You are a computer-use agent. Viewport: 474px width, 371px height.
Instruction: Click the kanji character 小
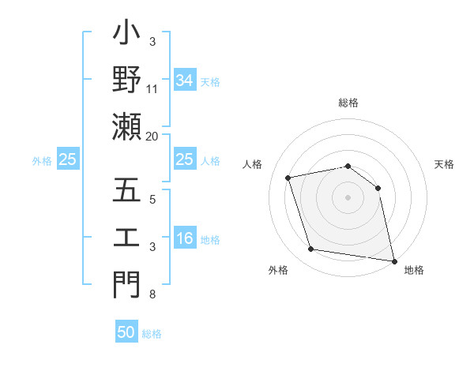(x=126, y=37)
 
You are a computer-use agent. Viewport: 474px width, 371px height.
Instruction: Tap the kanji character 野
(x=126, y=81)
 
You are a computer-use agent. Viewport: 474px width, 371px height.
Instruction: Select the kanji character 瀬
(x=126, y=126)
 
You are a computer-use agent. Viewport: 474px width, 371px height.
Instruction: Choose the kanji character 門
(x=126, y=285)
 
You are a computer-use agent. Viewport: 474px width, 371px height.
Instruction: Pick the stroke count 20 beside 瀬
(x=152, y=136)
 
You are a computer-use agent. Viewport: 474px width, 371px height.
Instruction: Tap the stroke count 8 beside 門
(x=152, y=294)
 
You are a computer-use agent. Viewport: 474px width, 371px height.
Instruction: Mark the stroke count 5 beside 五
(x=152, y=199)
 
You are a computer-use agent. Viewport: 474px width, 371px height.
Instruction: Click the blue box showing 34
(x=185, y=81)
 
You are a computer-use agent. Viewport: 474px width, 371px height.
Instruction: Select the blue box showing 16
(x=185, y=239)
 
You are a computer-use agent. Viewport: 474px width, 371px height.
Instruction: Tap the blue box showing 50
(x=126, y=332)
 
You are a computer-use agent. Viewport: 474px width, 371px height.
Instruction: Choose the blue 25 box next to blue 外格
(x=68, y=160)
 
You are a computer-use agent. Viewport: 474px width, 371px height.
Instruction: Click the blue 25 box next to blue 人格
(x=185, y=160)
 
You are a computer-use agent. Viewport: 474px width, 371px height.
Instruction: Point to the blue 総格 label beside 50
(x=152, y=334)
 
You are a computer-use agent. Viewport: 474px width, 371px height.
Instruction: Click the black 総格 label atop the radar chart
(x=348, y=103)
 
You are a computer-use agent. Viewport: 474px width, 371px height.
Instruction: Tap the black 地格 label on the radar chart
(x=414, y=270)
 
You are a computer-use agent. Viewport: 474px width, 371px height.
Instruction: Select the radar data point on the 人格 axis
(x=288, y=178)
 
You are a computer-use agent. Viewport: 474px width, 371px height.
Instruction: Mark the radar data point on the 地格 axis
(x=393, y=260)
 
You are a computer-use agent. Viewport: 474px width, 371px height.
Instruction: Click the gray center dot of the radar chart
(x=348, y=197)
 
